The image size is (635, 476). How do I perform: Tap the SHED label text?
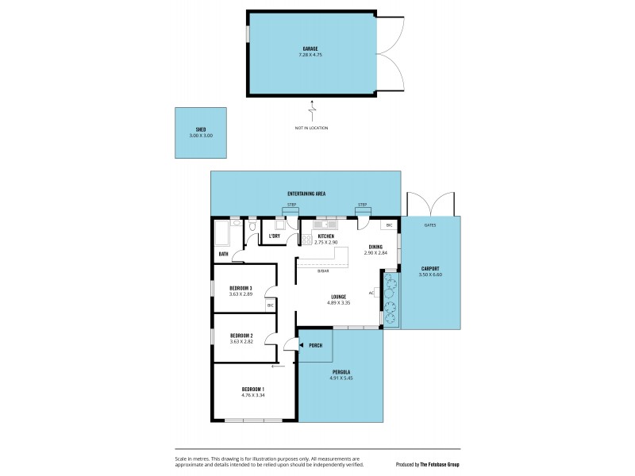pyautogui.click(x=201, y=129)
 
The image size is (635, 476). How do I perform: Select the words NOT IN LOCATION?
pyautogui.click(x=310, y=128)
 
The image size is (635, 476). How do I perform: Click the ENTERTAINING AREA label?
pyautogui.click(x=306, y=194)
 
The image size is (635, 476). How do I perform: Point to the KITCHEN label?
pyautogui.click(x=325, y=236)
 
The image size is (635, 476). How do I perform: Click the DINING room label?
pyautogui.click(x=375, y=247)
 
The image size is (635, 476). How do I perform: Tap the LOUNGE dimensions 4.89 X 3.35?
pyautogui.click(x=338, y=303)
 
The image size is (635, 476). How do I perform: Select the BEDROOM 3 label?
pyautogui.click(x=241, y=288)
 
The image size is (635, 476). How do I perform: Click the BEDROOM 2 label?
pyautogui.click(x=241, y=336)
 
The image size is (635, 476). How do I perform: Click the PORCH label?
pyautogui.click(x=315, y=345)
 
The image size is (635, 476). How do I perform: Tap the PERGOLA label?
pyautogui.click(x=342, y=371)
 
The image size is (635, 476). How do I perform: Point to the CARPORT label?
pyautogui.click(x=429, y=268)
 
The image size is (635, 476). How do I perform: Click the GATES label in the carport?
pyautogui.click(x=429, y=225)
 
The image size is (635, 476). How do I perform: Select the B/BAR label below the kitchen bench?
pyautogui.click(x=323, y=271)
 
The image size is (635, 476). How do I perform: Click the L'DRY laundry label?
pyautogui.click(x=275, y=236)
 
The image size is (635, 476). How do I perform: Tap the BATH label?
pyautogui.click(x=224, y=255)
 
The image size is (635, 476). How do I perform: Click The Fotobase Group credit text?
pyautogui.click(x=438, y=463)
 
